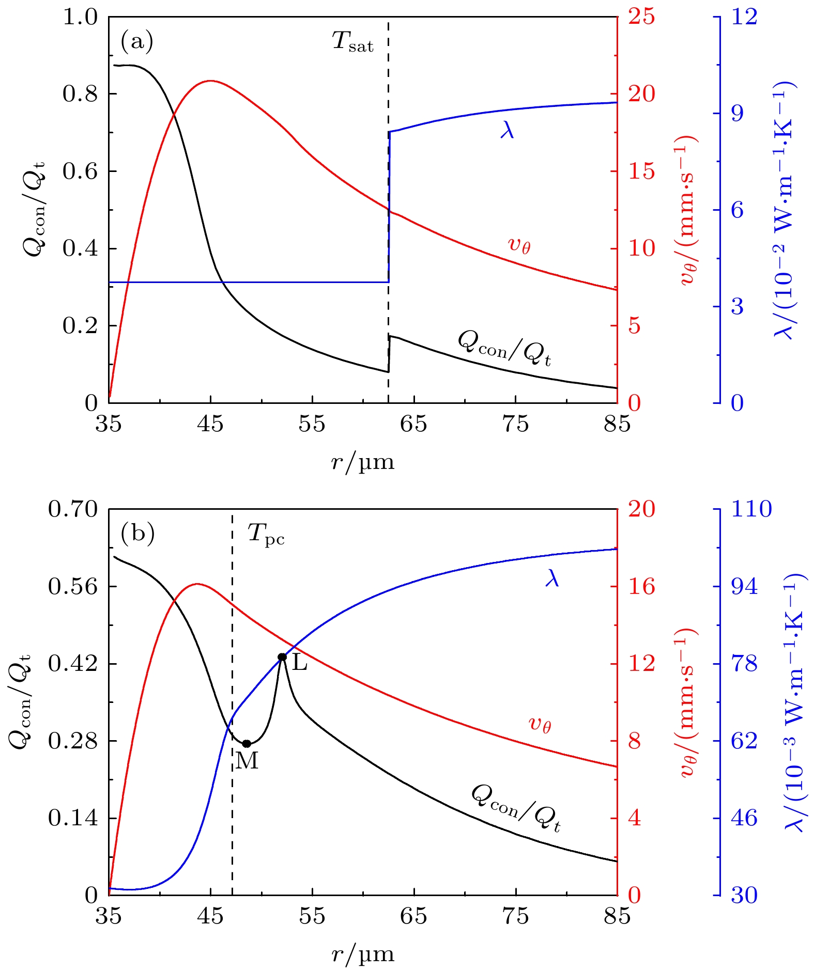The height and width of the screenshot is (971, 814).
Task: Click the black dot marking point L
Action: click(x=282, y=657)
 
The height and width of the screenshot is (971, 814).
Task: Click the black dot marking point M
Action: click(x=247, y=744)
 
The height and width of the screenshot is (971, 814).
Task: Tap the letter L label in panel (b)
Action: click(x=300, y=663)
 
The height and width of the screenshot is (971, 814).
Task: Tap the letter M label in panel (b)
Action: click(x=247, y=761)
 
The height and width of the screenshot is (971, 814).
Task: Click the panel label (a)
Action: click(x=137, y=41)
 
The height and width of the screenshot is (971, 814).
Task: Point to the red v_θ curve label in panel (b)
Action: click(x=540, y=724)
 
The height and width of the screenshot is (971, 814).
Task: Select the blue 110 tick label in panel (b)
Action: click(x=751, y=509)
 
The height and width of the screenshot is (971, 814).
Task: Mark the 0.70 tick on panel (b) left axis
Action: click(x=73, y=509)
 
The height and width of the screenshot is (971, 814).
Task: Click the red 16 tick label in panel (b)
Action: click(x=641, y=587)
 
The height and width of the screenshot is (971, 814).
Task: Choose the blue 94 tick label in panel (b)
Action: click(x=744, y=587)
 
